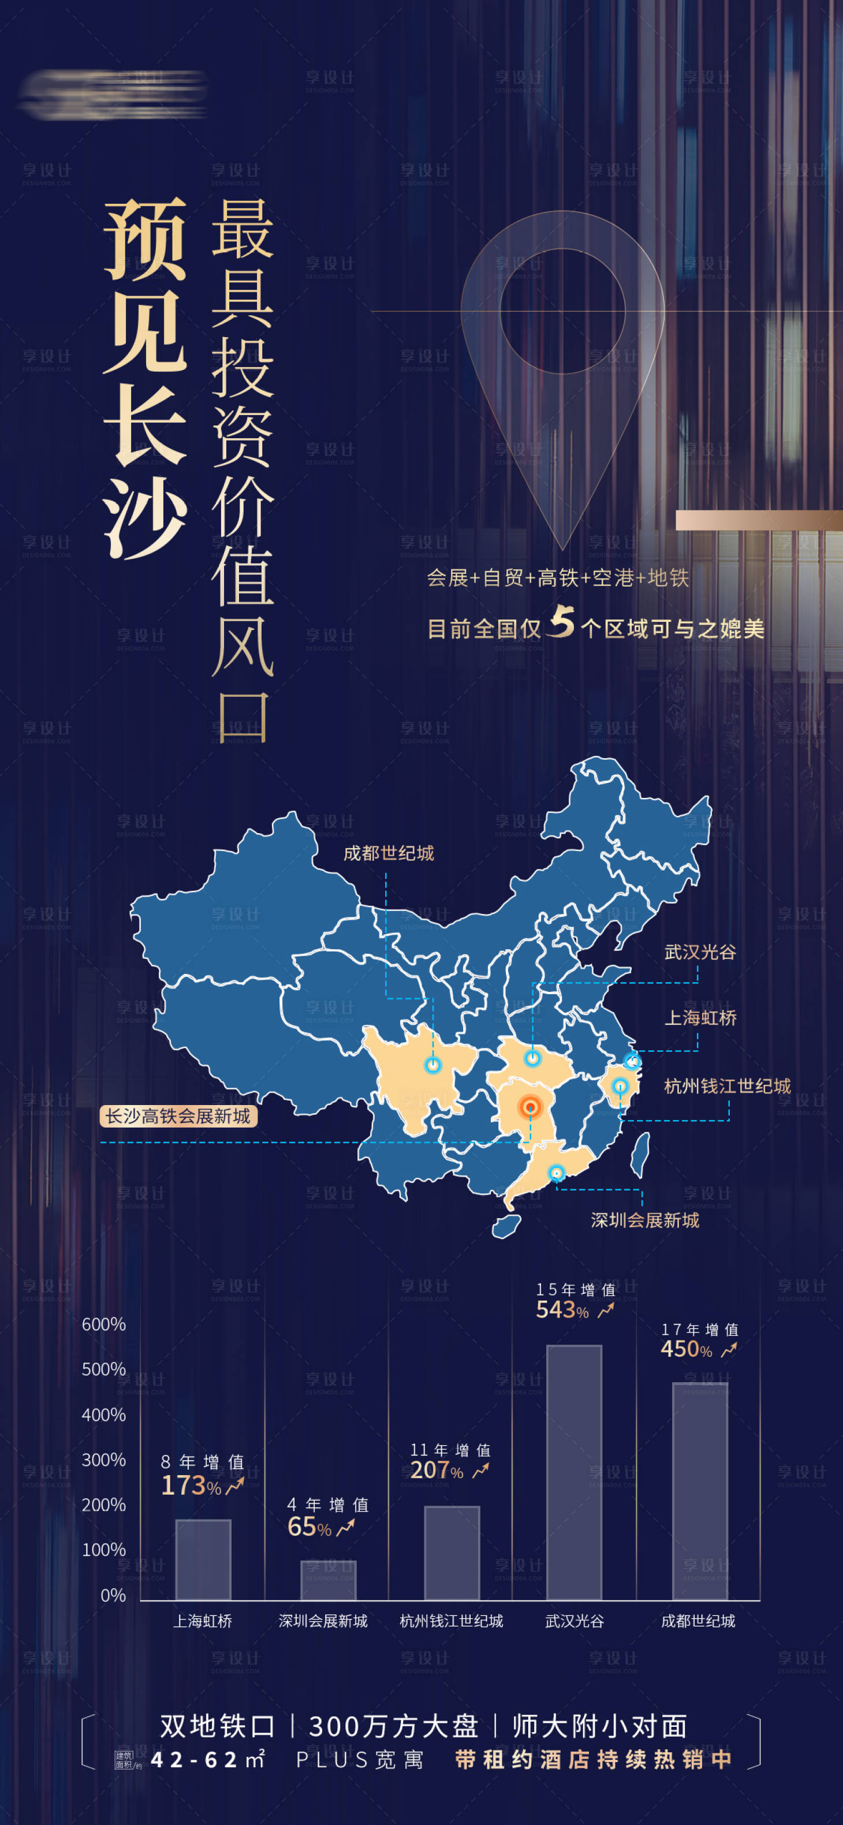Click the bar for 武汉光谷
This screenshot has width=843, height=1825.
[574, 1472]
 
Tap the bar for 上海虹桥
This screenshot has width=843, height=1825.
[203, 1559]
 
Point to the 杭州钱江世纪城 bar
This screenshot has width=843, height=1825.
[452, 1552]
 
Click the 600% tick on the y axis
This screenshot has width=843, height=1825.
[103, 1324]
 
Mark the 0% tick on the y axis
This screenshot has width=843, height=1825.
[113, 1595]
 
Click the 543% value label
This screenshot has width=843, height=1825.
[562, 1310]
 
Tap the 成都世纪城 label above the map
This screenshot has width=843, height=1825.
[388, 853]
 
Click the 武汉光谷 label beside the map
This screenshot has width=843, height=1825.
[700, 951]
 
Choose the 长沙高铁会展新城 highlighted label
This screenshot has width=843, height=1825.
[178, 1117]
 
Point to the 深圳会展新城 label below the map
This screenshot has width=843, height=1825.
[644, 1220]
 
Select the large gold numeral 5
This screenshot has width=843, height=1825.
[562, 621]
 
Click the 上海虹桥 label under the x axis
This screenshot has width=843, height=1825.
[203, 1621]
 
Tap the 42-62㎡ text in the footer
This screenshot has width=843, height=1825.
[207, 1760]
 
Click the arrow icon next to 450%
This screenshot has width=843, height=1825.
[729, 1350]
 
